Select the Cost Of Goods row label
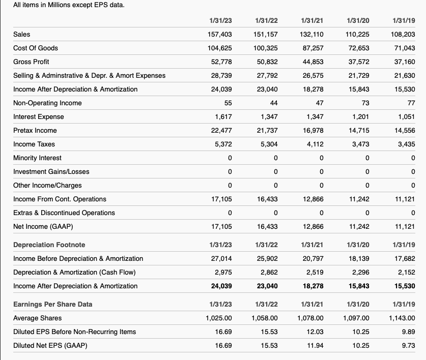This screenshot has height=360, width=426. pos(36,48)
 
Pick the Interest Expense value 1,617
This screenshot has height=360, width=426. pos(223,116)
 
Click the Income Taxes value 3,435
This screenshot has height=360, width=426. pos(406,144)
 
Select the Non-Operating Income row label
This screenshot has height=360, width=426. pos(47,103)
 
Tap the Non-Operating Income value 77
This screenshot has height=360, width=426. pos(411,103)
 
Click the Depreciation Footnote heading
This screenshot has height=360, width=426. pos(49,245)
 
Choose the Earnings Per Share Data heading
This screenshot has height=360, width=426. pos(53,304)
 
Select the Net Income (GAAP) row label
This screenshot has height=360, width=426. pos(40,226)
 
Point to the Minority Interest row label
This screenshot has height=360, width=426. pos(37,158)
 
